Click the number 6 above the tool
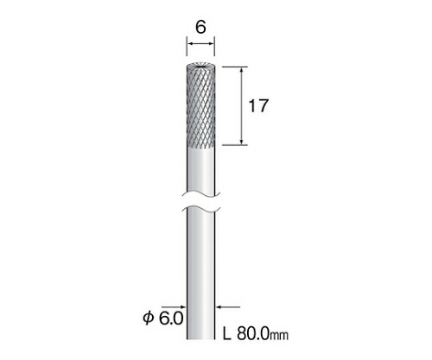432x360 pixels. click(200, 28)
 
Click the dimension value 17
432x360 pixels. click(258, 105)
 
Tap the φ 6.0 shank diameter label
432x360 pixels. click(163, 319)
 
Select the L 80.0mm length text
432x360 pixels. click(256, 334)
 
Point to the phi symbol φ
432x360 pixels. click(148, 319)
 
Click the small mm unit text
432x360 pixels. click(279, 336)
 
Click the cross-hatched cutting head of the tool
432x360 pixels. click(200, 106)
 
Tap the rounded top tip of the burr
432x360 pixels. click(200, 66)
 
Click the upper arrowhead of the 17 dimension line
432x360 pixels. click(243, 70)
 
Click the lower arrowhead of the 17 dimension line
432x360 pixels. click(243, 142)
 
